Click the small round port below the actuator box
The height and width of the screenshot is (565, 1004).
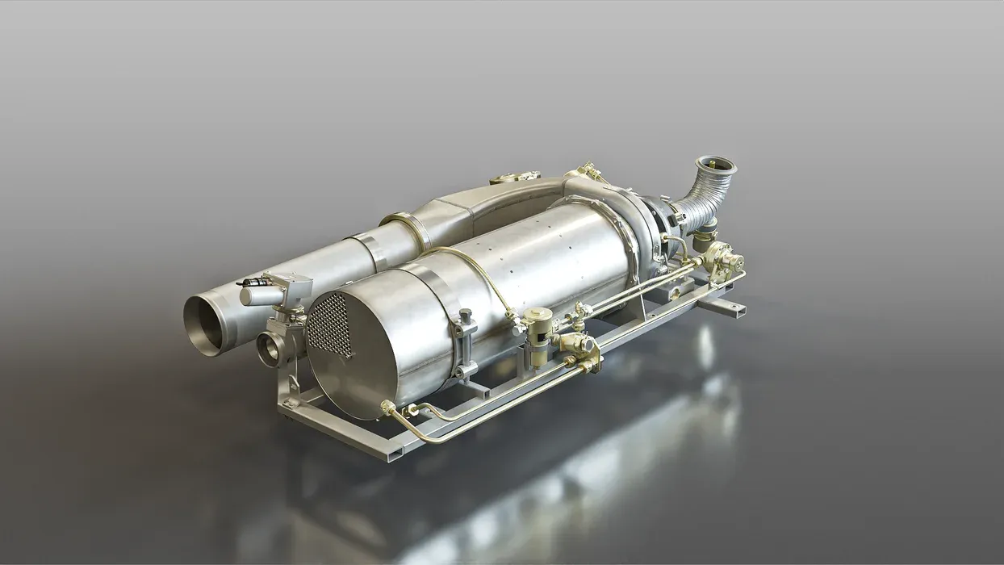[x=270, y=349]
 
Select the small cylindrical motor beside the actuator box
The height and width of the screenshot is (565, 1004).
[x=256, y=295]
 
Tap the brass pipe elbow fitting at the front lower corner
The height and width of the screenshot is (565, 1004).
[x=391, y=411]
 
